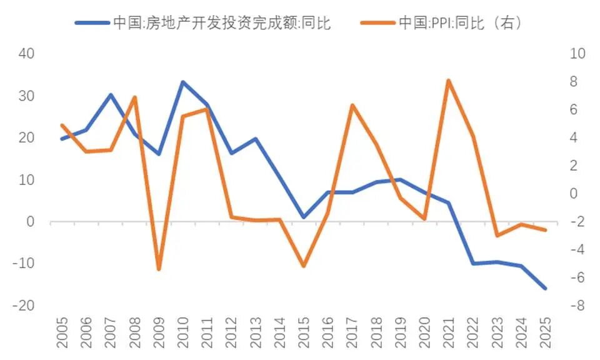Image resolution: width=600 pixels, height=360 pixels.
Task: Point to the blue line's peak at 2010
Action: coord(182,82)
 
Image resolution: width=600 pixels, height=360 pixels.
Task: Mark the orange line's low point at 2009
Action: coord(159,269)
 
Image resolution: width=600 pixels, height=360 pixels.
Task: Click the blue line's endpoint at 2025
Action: coord(546,289)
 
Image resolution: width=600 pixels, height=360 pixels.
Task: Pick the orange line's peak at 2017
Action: coord(352,105)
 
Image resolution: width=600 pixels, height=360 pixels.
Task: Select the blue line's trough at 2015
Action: coord(304,217)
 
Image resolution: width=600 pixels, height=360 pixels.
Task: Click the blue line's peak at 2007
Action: coord(110,95)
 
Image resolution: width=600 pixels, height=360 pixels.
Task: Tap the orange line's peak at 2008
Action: coord(134,97)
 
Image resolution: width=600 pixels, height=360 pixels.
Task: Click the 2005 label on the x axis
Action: coord(61,332)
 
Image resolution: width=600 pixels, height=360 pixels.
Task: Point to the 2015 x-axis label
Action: coord(304,332)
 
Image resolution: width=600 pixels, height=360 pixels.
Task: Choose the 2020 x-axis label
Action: coord(424,332)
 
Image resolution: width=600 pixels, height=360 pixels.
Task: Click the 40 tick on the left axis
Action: coord(26,54)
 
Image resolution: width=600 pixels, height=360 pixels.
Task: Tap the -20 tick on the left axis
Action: coord(24,306)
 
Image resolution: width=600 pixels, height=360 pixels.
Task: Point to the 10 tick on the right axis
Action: coord(577,54)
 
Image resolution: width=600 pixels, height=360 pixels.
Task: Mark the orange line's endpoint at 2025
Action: coord(546,230)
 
